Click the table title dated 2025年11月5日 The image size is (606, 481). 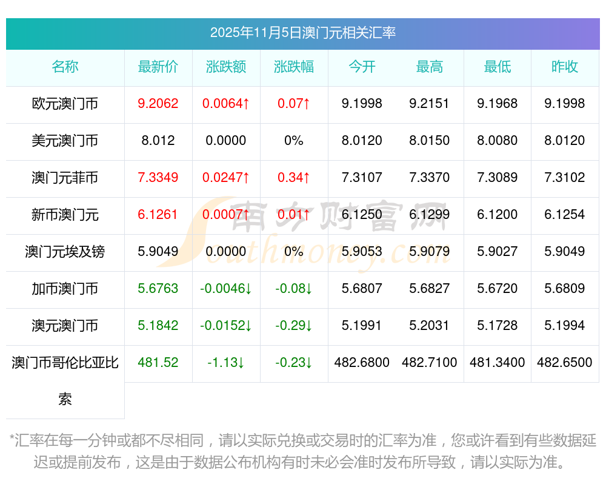coord(302,33)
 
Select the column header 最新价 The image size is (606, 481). coord(158,67)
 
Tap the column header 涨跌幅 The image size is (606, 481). coord(294,67)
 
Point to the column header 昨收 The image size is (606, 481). coord(565,67)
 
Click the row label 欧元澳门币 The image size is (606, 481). coord(65,104)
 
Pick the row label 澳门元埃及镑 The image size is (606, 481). coord(65,252)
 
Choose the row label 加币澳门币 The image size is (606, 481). coord(65,289)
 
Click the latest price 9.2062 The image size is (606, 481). coord(158,104)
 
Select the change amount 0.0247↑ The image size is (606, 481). coord(226,178)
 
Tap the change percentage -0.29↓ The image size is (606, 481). coord(294,326)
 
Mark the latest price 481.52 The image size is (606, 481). coord(158,363)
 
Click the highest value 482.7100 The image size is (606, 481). coord(430,363)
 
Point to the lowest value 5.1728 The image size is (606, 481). coord(498,326)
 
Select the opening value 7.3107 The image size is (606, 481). coord(362,178)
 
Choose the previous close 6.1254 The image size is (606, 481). coord(565,215)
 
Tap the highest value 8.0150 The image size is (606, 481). coord(430,141)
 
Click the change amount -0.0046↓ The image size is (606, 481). coord(226,289)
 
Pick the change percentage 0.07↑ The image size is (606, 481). coord(294,104)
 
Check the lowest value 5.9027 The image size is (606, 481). coord(498,252)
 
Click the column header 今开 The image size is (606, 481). coord(362,67)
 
